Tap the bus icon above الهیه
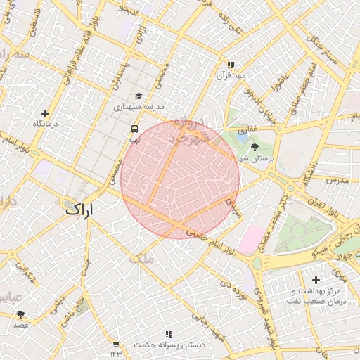point(134,129)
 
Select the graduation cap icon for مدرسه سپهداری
point(138,96)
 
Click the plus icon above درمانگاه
point(46,113)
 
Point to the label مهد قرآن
point(230,75)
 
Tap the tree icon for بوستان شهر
point(254,147)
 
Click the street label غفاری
point(247,131)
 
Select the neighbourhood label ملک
point(141,259)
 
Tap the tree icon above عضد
point(20,314)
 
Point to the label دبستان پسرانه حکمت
point(169,345)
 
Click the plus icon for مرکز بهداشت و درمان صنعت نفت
point(316,280)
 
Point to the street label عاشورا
point(283,85)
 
